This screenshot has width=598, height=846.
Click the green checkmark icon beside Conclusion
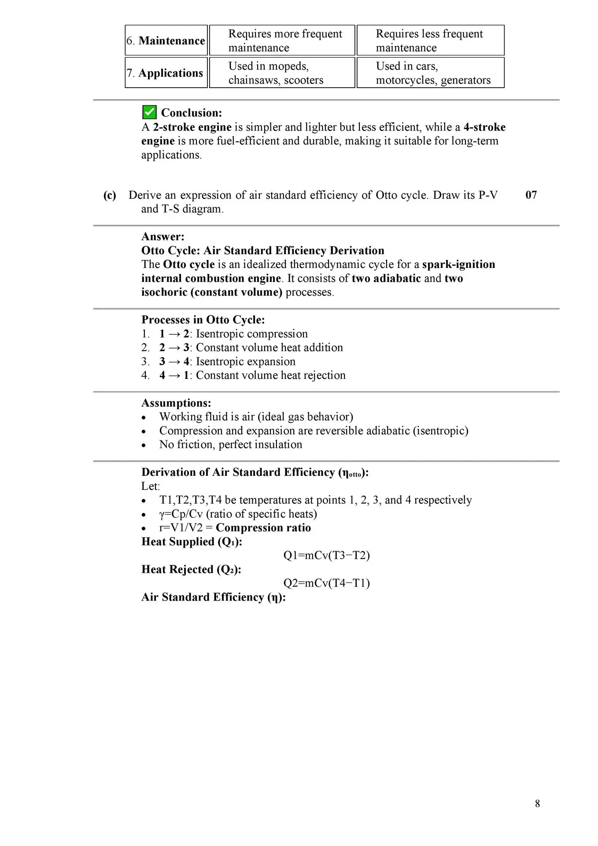(149, 112)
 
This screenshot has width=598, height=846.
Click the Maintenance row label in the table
(166, 41)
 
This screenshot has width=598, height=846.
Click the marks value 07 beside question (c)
(531, 195)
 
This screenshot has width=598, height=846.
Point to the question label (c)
(110, 195)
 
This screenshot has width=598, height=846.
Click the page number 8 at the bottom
(537, 803)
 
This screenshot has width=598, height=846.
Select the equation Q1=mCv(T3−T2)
(326, 555)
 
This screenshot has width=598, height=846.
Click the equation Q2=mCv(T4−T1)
(326, 583)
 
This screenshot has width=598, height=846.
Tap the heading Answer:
(162, 237)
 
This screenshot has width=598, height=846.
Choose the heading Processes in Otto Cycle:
(203, 320)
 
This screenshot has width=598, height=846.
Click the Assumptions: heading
(176, 403)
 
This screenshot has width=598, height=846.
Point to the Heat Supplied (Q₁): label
(192, 542)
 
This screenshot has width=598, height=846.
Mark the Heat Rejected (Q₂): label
(191, 569)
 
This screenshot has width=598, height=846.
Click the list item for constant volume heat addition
(251, 348)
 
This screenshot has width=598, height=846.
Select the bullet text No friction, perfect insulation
(231, 445)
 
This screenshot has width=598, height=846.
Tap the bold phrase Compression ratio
(263, 528)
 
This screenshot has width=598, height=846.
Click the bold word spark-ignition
(458, 264)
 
